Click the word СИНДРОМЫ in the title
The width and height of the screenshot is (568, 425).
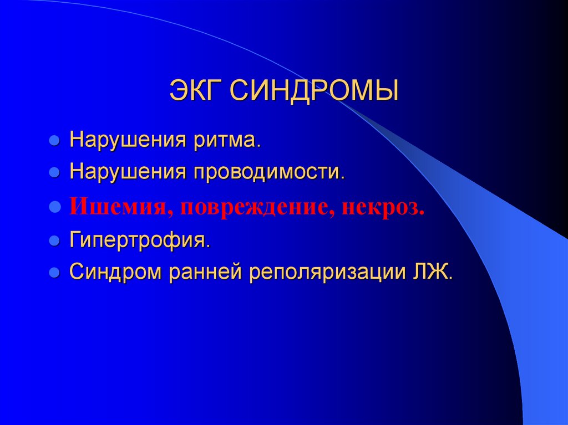pos(313,91)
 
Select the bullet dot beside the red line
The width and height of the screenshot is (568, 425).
pos(54,208)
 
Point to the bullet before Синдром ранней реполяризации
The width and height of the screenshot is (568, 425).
pos(54,273)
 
